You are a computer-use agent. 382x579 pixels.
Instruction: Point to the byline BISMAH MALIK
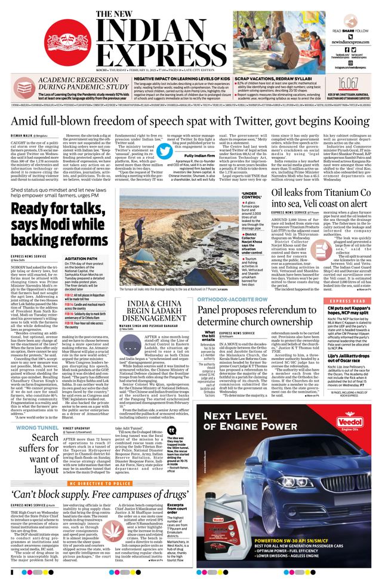[x=23, y=135]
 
